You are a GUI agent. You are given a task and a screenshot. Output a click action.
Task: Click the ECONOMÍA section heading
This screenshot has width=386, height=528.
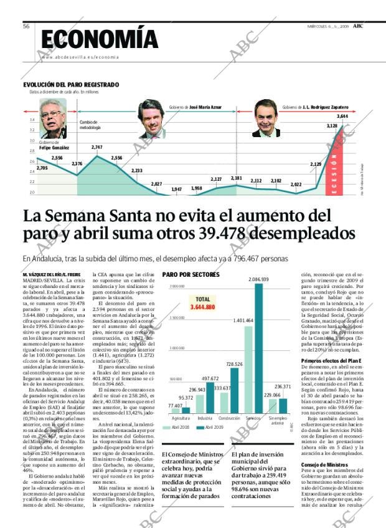[101, 39]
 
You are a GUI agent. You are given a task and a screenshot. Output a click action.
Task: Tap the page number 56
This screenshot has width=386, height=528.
[27, 26]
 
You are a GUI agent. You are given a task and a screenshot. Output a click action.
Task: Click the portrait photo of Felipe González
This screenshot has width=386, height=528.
[53, 118]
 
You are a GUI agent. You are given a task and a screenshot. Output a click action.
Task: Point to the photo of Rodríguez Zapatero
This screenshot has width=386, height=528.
[266, 118]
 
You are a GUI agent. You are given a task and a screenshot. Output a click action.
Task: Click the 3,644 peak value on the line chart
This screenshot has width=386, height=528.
[342, 117]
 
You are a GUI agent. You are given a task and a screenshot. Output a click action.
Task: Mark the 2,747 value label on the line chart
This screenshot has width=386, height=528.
[97, 147]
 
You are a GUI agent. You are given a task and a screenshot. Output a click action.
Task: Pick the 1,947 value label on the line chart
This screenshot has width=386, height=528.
[176, 189]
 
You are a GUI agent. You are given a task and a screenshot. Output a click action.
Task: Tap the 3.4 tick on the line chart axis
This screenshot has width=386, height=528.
[32, 120]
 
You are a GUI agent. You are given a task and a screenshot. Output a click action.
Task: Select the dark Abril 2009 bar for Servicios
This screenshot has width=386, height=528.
[258, 349]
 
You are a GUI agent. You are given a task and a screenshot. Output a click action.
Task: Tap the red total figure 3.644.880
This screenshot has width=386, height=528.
[201, 307]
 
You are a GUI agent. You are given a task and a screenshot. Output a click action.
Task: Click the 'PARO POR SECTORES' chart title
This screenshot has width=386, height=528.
[191, 274]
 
